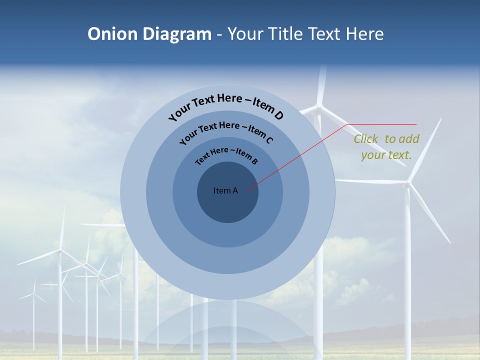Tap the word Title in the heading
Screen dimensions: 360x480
pos(286,34)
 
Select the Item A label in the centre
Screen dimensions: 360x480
pos(225,190)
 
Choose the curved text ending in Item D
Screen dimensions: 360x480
pos(226,106)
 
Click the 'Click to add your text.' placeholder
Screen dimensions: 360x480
pos(386,147)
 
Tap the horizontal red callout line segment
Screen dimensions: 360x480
pos(382,124)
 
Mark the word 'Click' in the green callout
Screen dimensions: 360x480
pos(366,139)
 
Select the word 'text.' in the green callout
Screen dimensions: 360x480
pos(400,155)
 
